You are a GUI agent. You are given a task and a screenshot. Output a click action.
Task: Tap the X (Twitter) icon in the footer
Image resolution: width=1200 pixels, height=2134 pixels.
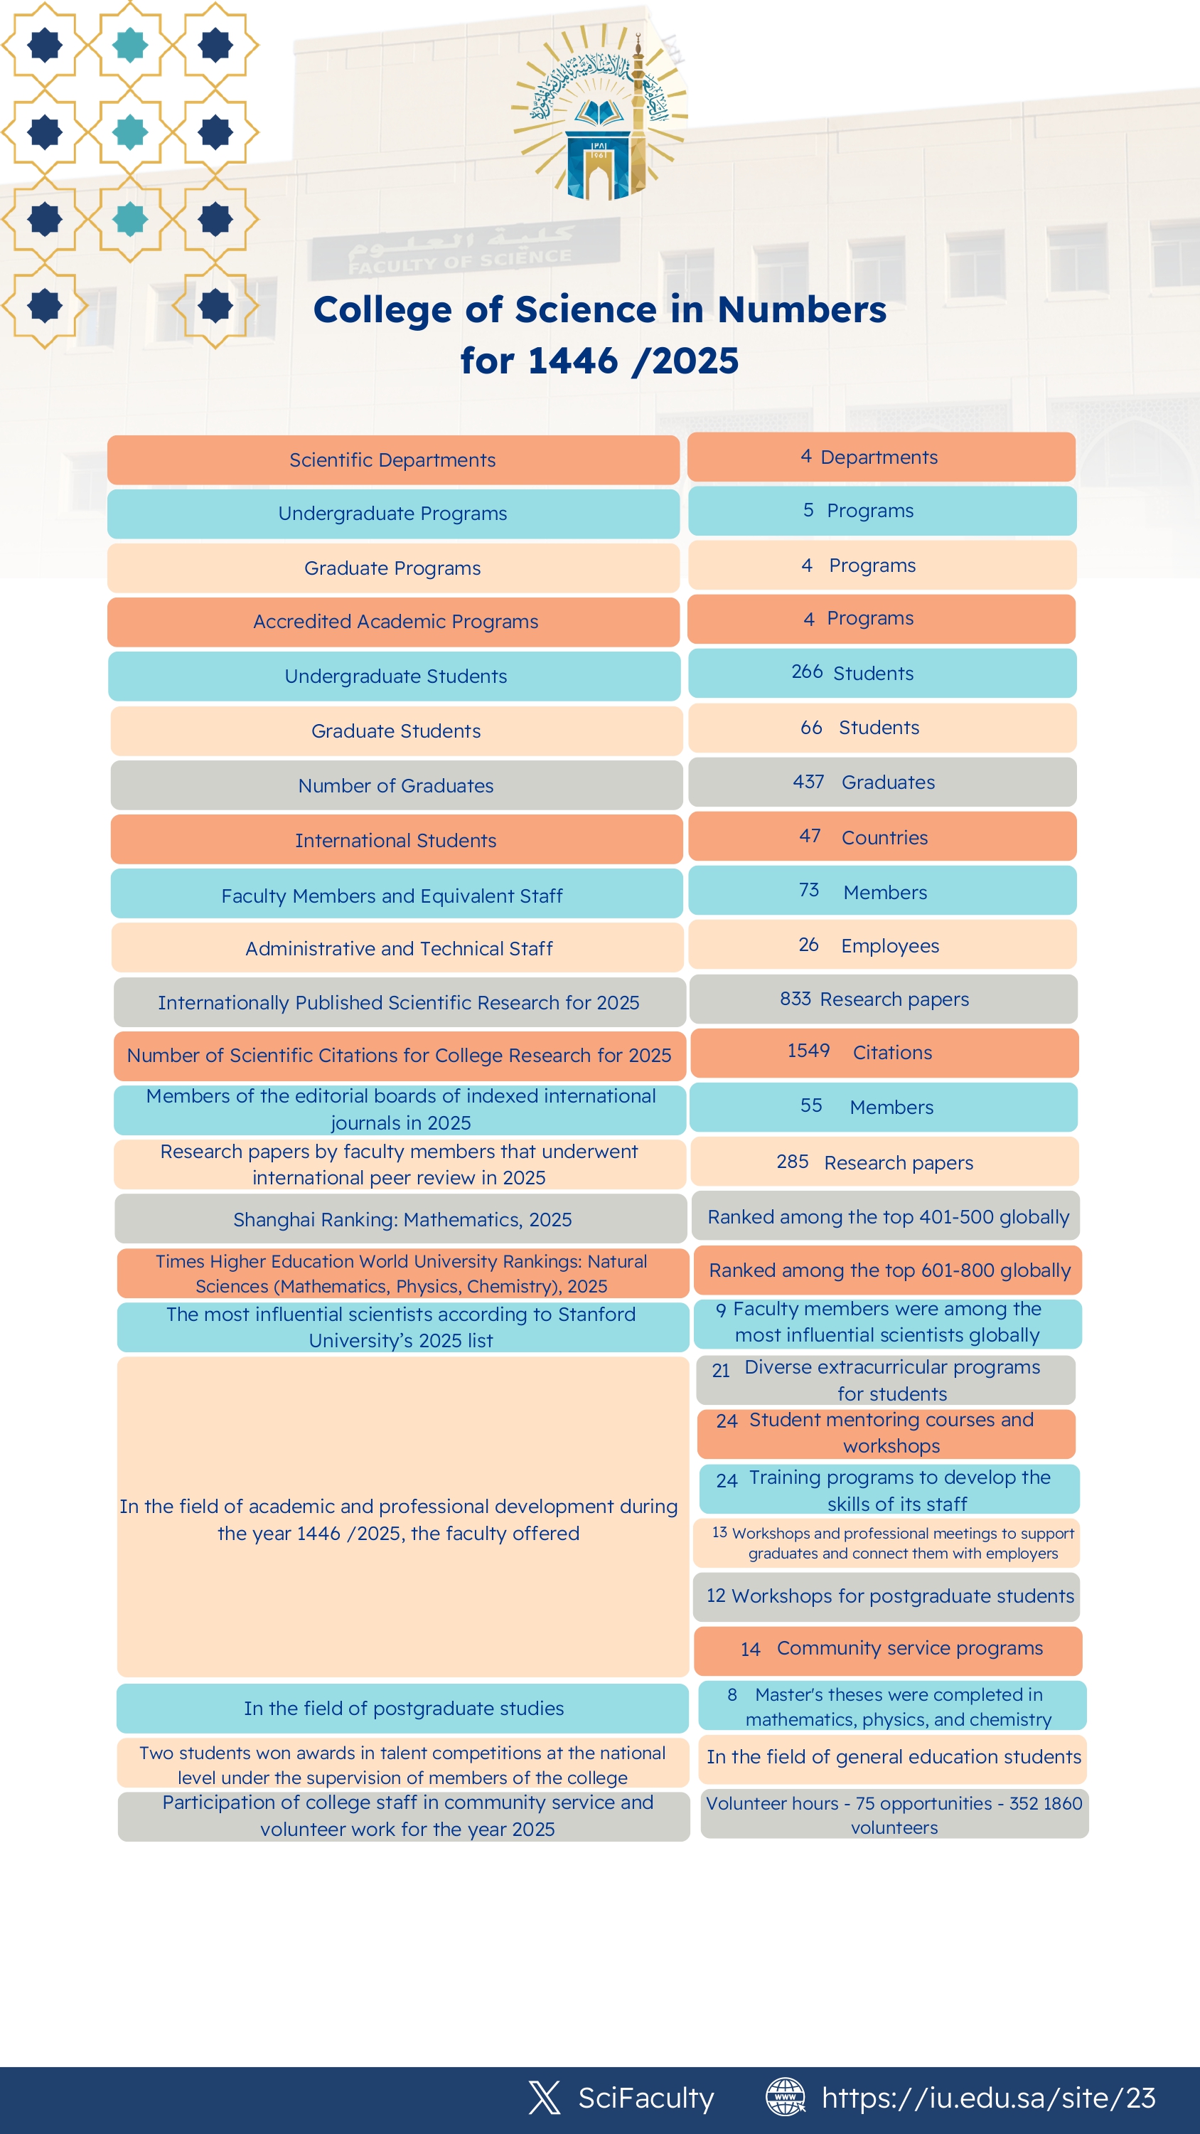pyautogui.click(x=544, y=2097)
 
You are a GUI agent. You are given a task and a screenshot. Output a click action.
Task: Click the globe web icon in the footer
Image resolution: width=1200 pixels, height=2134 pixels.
pyautogui.click(x=785, y=2097)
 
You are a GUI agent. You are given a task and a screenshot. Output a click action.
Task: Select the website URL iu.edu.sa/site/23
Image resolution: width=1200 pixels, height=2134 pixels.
pyautogui.click(x=988, y=2098)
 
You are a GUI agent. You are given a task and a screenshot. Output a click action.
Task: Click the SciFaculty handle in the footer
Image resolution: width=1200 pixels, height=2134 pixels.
pyautogui.click(x=646, y=2098)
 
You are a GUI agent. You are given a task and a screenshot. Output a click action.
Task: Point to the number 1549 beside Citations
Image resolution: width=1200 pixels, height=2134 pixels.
pyautogui.click(x=808, y=1051)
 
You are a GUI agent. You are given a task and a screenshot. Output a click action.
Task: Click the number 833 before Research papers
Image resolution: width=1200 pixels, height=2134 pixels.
pyautogui.click(x=795, y=999)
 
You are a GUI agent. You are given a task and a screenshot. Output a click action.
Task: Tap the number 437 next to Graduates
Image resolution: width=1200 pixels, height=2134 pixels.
pyautogui.click(x=808, y=782)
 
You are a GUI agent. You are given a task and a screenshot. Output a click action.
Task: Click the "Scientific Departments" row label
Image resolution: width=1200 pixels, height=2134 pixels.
pyautogui.click(x=392, y=460)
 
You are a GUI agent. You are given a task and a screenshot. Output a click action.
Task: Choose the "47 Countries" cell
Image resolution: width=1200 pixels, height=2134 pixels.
pyautogui.click(x=882, y=837)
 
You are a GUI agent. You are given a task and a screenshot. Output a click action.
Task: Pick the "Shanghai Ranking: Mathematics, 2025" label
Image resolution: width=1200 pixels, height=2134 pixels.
pyautogui.click(x=402, y=1219)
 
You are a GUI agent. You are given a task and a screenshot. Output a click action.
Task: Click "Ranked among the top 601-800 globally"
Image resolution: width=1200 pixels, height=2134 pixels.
pyautogui.click(x=889, y=1270)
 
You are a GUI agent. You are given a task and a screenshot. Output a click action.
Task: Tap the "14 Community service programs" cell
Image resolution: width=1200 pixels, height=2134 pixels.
pyautogui.click(x=889, y=1649)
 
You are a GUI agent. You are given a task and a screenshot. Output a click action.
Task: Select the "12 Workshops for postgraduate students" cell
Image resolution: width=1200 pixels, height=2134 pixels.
pyautogui.click(x=889, y=1596)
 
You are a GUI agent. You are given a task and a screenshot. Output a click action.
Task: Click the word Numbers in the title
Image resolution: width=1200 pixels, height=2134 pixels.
pyautogui.click(x=800, y=310)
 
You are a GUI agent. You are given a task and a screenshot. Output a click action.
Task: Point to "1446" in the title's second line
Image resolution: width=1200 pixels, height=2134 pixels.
pyautogui.click(x=572, y=361)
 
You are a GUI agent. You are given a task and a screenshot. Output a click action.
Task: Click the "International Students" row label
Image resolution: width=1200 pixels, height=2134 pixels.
pyautogui.click(x=396, y=840)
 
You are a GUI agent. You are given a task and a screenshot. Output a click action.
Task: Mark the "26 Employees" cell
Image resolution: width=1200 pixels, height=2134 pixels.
pyautogui.click(x=882, y=945)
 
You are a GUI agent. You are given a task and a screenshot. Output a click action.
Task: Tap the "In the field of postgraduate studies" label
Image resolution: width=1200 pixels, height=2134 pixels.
pyautogui.click(x=403, y=1708)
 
